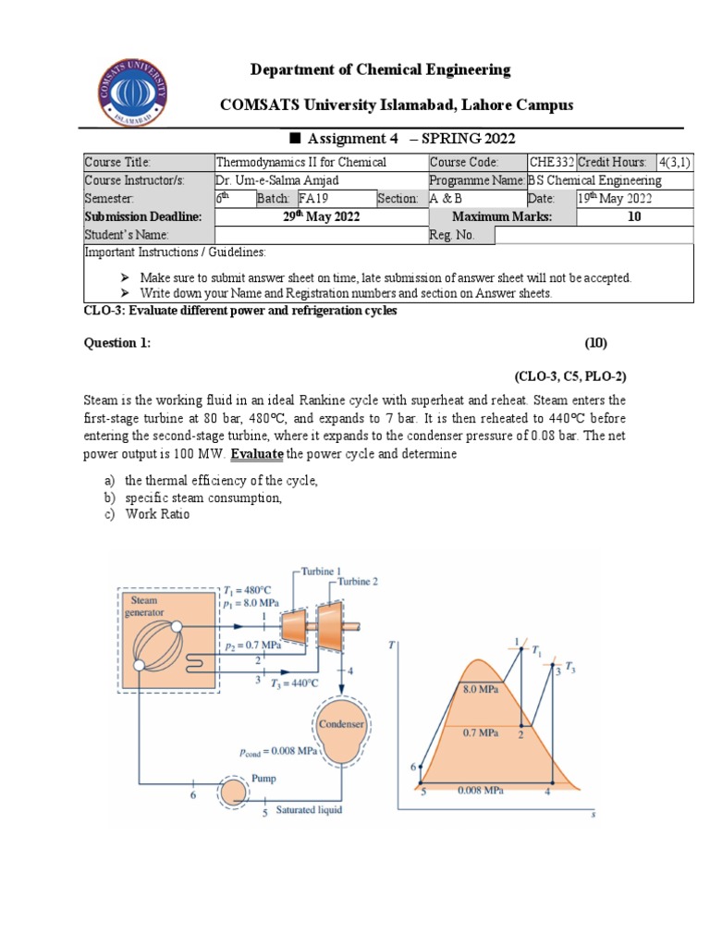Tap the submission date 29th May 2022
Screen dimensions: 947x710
(x=321, y=217)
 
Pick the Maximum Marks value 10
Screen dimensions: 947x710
(x=634, y=217)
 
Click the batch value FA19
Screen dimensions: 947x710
(x=314, y=199)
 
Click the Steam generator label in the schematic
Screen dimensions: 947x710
(x=147, y=605)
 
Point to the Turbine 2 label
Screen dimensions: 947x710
(x=358, y=582)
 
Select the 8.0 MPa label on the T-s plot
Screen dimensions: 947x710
(x=482, y=689)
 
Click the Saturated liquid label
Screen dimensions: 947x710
(x=309, y=810)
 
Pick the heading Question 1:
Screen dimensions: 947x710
(x=117, y=343)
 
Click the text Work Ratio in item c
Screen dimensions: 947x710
(x=157, y=514)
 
